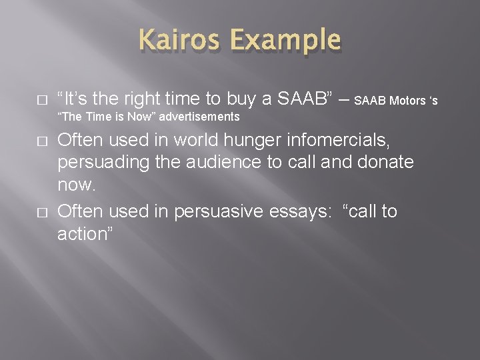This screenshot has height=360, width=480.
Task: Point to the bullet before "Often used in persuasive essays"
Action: [x=42, y=213]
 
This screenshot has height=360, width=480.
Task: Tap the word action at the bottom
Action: [x=84, y=234]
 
